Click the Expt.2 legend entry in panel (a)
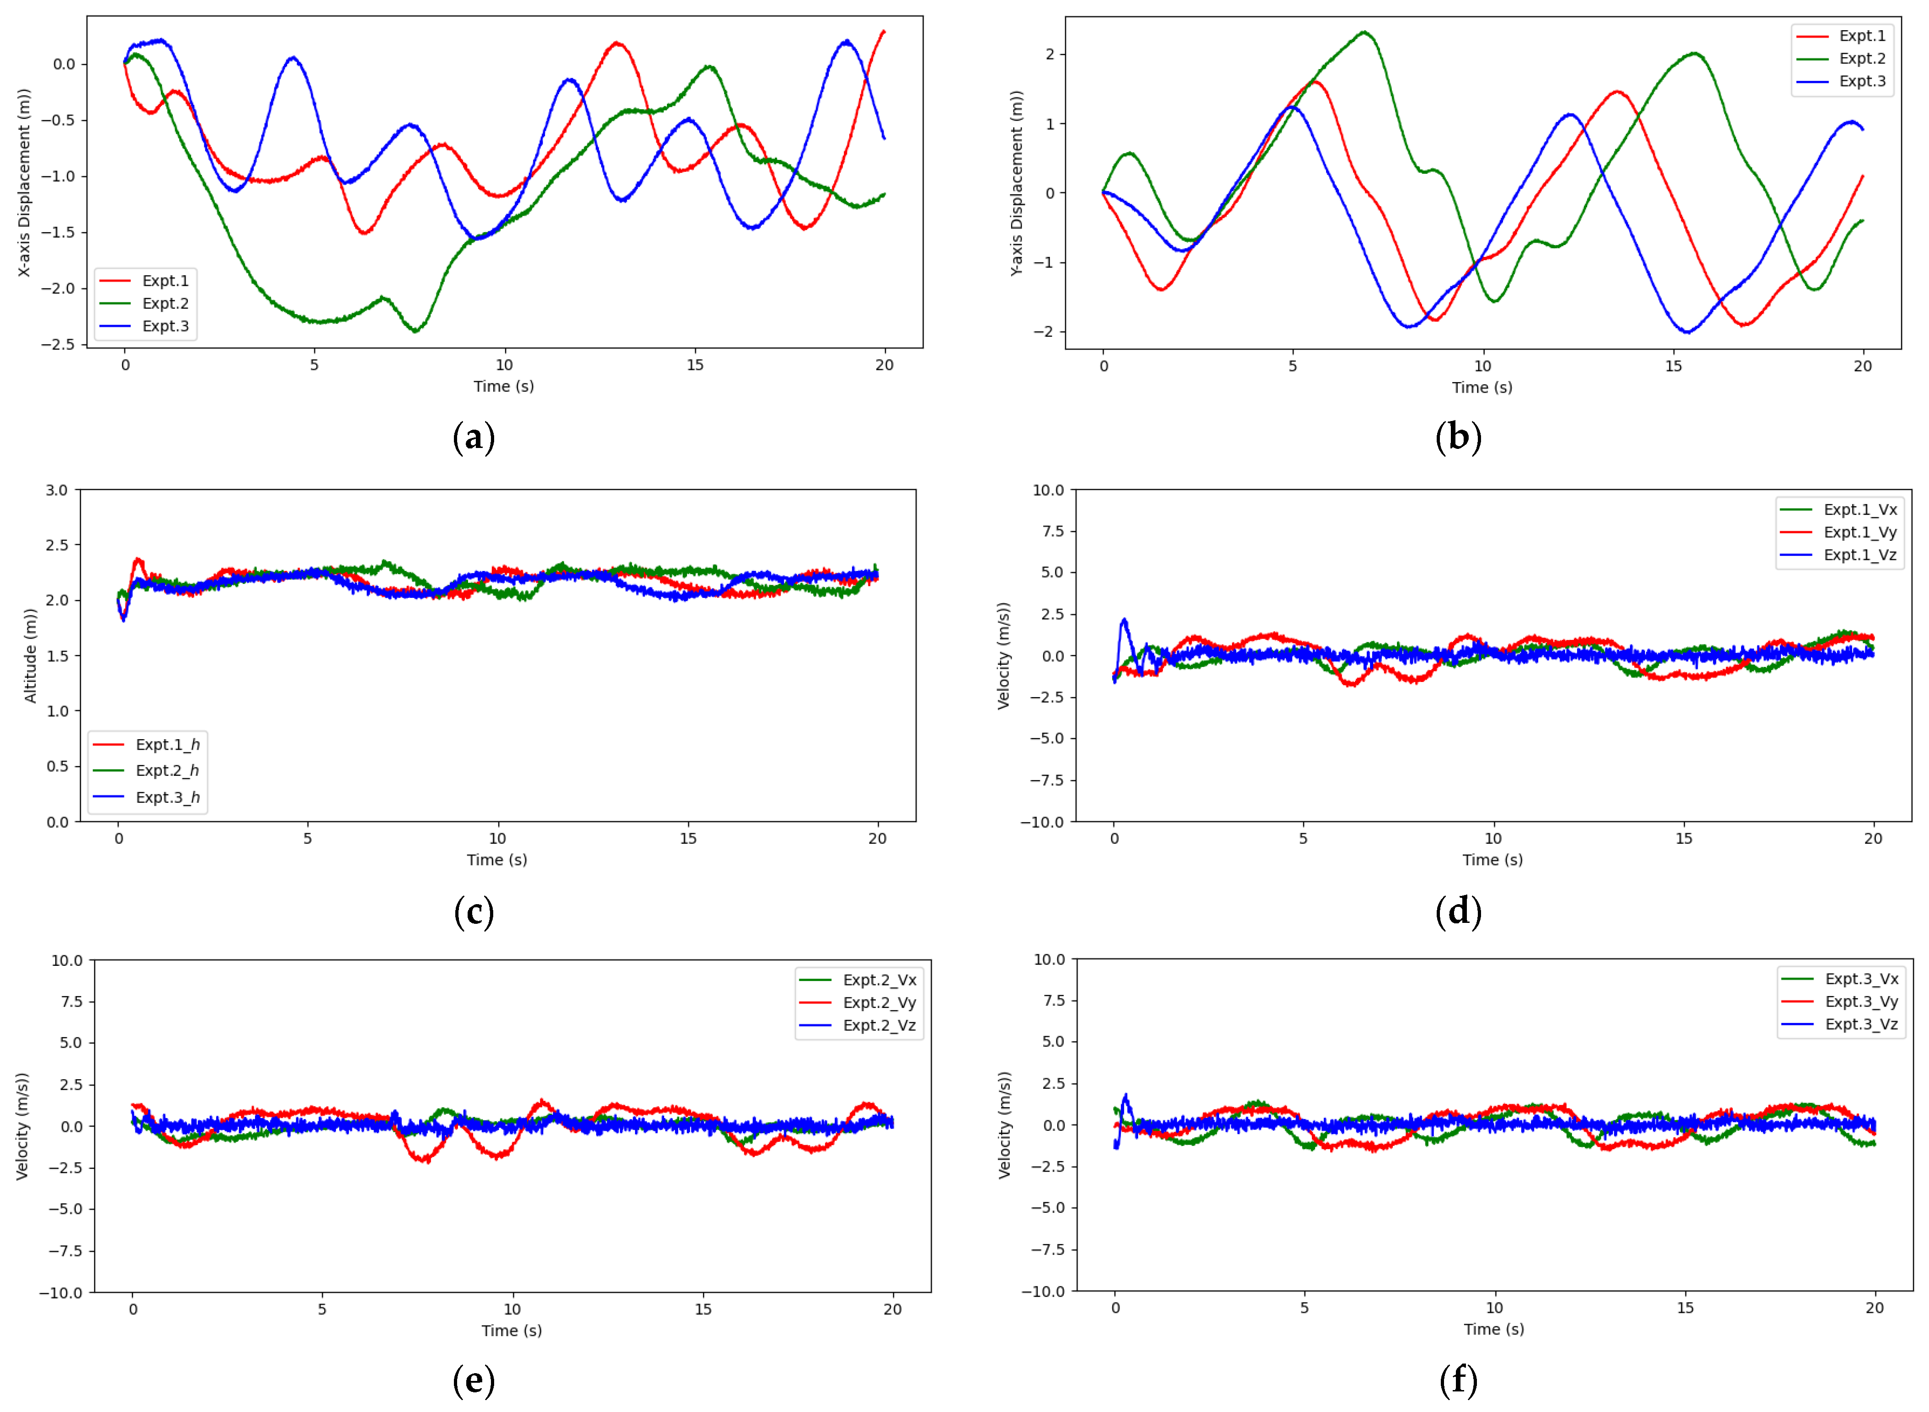click(165, 304)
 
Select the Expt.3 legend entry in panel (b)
click(1861, 81)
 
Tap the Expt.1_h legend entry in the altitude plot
click(167, 745)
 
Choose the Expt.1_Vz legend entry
click(1860, 555)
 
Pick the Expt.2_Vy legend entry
click(879, 1002)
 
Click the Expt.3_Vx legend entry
click(1860, 979)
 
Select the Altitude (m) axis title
click(31, 655)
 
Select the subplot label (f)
click(1458, 1380)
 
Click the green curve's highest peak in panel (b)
click(1365, 32)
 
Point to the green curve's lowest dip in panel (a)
click(416, 331)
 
